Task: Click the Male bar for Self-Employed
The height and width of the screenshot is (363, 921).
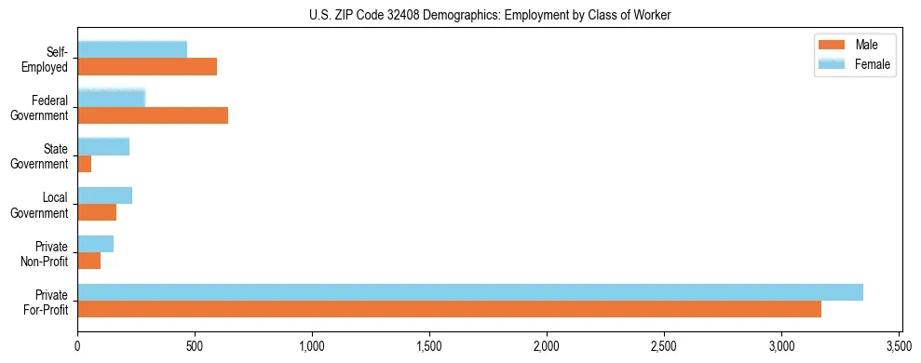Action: click(147, 67)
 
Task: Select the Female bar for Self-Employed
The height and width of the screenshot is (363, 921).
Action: click(132, 49)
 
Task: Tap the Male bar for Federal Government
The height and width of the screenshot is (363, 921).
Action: click(153, 115)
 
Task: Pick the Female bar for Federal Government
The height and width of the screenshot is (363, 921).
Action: click(112, 98)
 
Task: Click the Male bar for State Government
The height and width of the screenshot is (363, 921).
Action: click(85, 164)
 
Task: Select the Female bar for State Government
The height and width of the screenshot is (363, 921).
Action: click(103, 146)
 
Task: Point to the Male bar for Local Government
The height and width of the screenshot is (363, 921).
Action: click(97, 212)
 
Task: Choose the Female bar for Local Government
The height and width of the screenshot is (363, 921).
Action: click(105, 195)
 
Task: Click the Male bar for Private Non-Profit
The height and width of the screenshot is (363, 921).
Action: click(89, 261)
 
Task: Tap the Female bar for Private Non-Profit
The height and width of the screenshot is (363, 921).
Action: click(96, 243)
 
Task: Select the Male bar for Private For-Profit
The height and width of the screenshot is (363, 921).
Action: click(449, 309)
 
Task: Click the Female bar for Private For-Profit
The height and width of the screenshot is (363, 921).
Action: click(470, 291)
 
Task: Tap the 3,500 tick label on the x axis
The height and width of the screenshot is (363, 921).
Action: click(899, 346)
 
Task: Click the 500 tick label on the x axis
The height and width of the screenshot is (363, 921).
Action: click(195, 346)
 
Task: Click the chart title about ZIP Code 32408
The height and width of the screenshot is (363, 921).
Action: click(489, 15)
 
